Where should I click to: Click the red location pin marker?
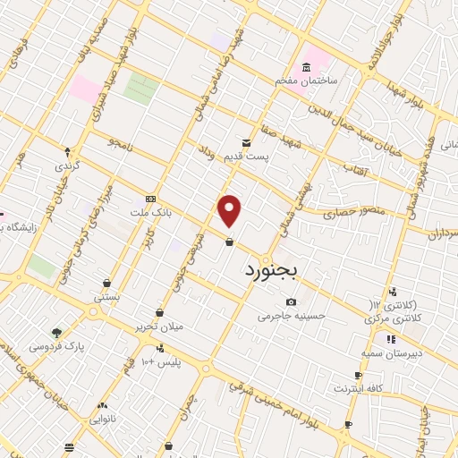tap(230, 211)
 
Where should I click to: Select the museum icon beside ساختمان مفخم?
tap(308, 69)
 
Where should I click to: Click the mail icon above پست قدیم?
tap(246, 142)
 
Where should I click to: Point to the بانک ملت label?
tap(149, 213)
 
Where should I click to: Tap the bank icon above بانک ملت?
tap(149, 199)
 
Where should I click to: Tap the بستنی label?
tap(106, 295)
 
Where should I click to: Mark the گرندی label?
tap(67, 166)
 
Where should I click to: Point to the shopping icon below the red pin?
tap(230, 242)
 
